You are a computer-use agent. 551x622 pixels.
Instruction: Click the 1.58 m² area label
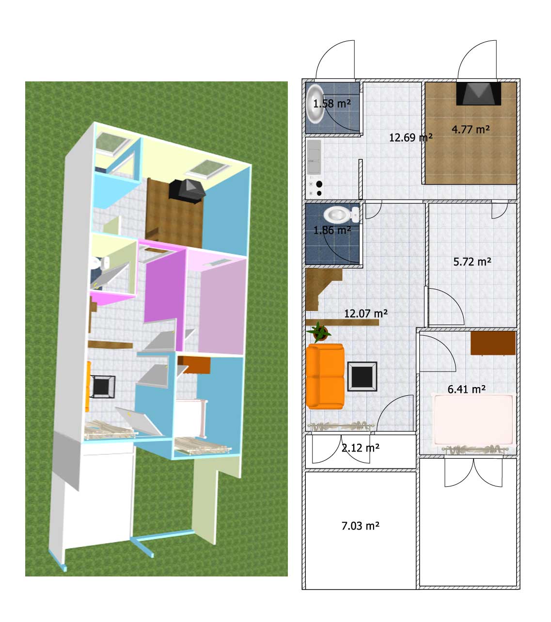[x=331, y=104]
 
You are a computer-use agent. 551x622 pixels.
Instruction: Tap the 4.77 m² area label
[x=470, y=129]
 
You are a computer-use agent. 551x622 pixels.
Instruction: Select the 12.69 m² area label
[x=410, y=137]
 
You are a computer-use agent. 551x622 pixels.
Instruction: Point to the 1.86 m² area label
[x=331, y=230]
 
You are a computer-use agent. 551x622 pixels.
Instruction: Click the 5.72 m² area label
[x=472, y=262]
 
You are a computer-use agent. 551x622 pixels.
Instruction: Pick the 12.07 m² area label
[x=365, y=313]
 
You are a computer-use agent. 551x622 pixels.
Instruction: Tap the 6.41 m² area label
[x=466, y=389]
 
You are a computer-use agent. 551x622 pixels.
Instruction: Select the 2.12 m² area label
[x=360, y=448]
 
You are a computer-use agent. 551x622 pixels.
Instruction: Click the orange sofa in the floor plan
[x=325, y=376]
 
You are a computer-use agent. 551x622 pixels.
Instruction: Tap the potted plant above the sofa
[x=319, y=331]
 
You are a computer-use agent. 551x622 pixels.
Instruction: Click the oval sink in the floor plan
[x=315, y=104]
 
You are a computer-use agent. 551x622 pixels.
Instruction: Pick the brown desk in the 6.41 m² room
[x=493, y=343]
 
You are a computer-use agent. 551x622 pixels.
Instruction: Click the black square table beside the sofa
[x=362, y=376]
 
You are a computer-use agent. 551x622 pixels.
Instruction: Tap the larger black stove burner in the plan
[x=319, y=184]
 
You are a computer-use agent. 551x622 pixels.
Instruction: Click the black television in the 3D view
[x=187, y=190]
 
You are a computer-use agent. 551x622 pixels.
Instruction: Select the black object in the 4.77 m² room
[x=478, y=93]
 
